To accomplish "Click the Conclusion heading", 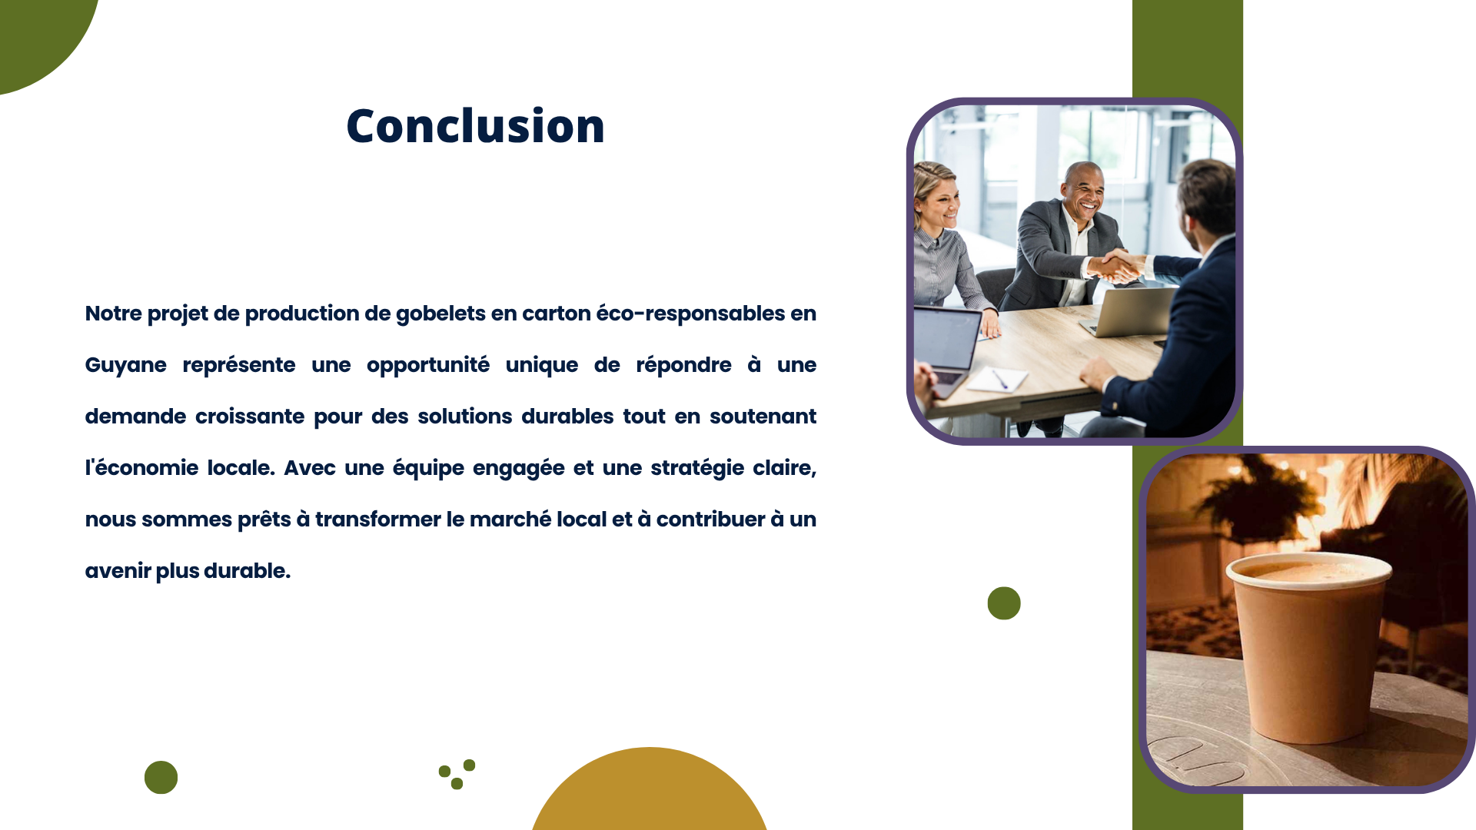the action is pyautogui.click(x=475, y=125).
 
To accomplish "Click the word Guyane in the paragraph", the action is pyautogui.click(x=125, y=366).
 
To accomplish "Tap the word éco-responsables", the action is pyautogui.click(x=690, y=314).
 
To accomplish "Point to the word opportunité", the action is pyautogui.click(x=427, y=366).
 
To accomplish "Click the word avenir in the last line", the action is pyautogui.click(x=118, y=571).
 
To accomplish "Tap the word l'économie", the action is pyautogui.click(x=141, y=468).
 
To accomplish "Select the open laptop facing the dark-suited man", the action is pyautogui.click(x=1129, y=311).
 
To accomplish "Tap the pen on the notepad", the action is pyautogui.click(x=999, y=379).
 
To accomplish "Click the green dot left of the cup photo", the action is pyautogui.click(x=1004, y=603).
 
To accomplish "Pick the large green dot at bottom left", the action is pyautogui.click(x=161, y=778).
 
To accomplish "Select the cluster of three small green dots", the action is pyautogui.click(x=457, y=774).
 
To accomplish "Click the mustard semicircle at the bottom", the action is pyautogui.click(x=650, y=792).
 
